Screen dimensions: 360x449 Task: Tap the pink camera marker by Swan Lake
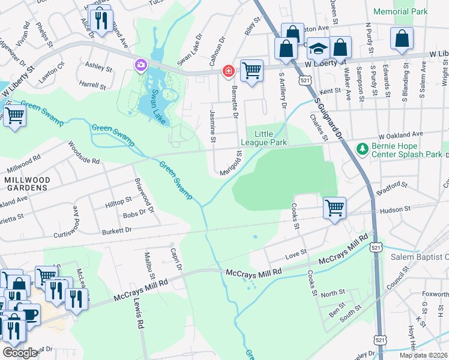point(141,64)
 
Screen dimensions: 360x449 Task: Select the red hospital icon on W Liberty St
point(228,71)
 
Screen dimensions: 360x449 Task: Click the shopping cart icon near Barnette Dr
point(252,70)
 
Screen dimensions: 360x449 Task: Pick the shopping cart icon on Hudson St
point(334,208)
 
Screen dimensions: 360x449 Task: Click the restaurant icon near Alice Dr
point(101,21)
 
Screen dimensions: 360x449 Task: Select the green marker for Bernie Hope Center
point(361,148)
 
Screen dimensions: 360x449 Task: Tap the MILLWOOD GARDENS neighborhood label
point(25,184)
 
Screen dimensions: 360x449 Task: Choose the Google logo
point(20,352)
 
